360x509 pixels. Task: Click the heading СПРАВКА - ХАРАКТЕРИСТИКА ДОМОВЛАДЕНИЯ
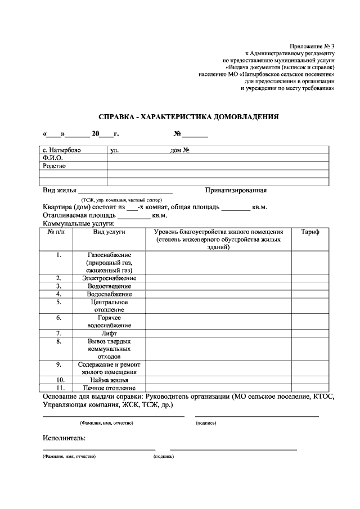[x=188, y=117]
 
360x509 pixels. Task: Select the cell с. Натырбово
[x=62, y=151]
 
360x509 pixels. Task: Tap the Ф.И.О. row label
[x=52, y=158]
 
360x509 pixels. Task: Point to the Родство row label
[x=54, y=166]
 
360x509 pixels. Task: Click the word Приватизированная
[x=236, y=190]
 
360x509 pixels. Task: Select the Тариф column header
[x=310, y=232]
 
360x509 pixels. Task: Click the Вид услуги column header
[x=109, y=232]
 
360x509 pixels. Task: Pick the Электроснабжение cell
[x=109, y=278]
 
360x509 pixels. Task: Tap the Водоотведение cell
[x=109, y=286]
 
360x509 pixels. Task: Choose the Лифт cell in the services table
[x=109, y=333]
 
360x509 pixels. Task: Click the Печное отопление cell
[x=109, y=388]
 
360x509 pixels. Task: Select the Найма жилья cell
[x=109, y=380]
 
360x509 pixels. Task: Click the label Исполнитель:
[x=64, y=437]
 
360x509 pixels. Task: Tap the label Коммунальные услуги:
[x=79, y=223]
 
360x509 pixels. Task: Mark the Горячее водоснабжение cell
[x=109, y=321]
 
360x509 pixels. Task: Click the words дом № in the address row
[x=179, y=151]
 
